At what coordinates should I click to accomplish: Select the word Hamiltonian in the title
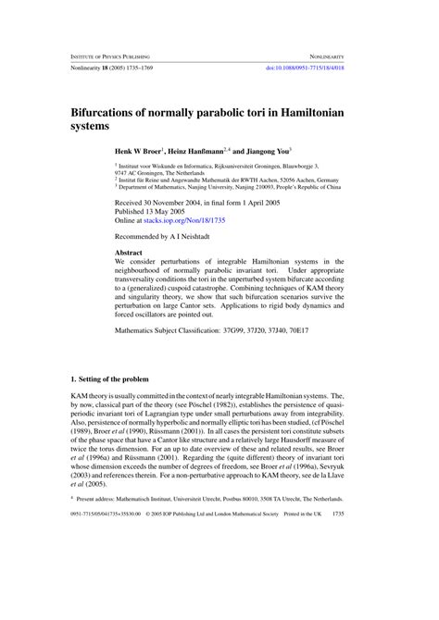[325, 109]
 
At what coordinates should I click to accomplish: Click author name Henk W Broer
[137, 149]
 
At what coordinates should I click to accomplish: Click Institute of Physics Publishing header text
[109, 56]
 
